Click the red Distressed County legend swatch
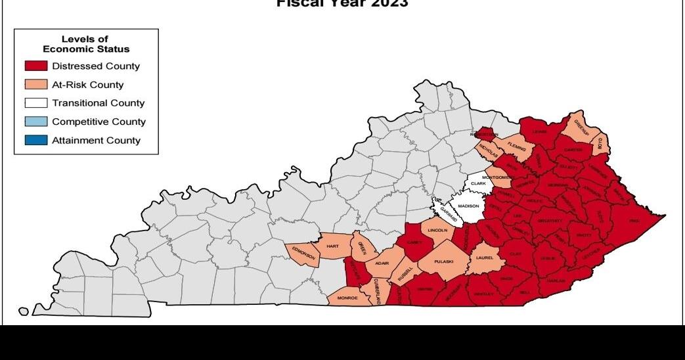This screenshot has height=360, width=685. pos(36,66)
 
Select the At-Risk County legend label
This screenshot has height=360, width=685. pos(87,85)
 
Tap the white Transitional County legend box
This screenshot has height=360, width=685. pos(36,103)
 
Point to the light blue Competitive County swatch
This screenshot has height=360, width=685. pos(36,122)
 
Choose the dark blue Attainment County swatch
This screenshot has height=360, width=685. pos(36,140)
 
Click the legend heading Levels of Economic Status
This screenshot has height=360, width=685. pos(85,45)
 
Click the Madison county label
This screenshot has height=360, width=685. pos(468,206)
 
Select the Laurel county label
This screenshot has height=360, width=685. pos(484,258)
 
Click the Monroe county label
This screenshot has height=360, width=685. pos(347,298)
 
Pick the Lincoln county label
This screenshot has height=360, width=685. pos(437,231)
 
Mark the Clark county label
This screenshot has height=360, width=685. pos(478,183)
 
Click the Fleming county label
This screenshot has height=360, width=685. pos(516,149)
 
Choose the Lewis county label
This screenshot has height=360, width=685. pos(540,131)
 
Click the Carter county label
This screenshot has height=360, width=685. pos(573,150)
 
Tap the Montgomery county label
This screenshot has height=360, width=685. pos(497,177)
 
